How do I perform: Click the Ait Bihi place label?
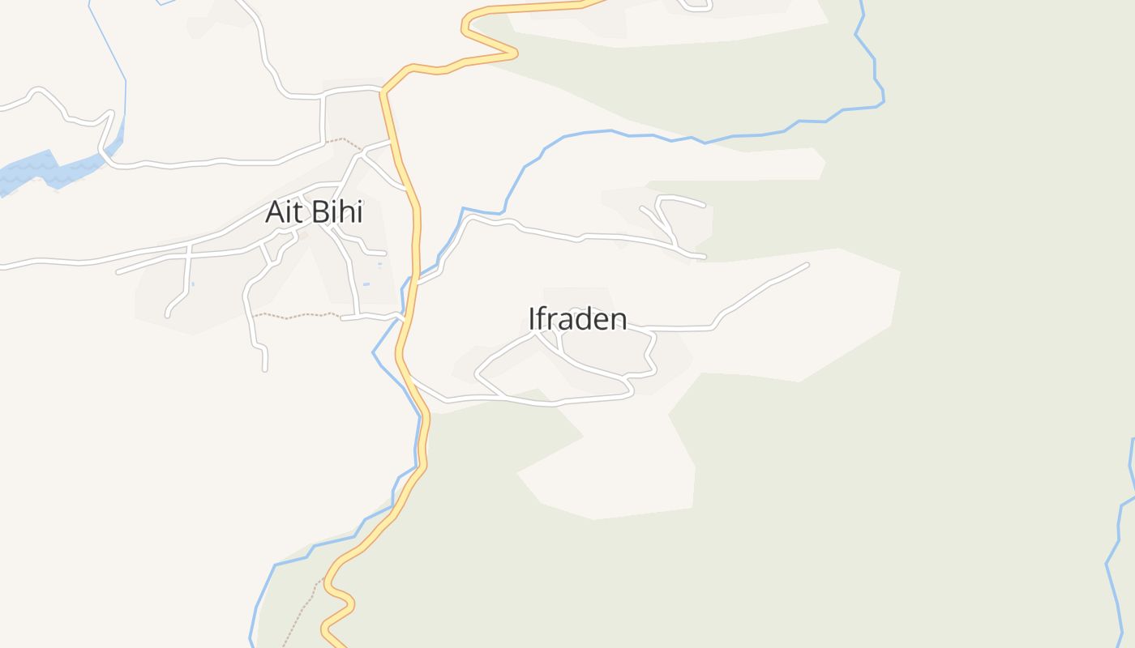coord(314,213)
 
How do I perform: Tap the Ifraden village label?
coord(577,319)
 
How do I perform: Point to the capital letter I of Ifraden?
coord(532,319)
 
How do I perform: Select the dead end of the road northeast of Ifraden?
coord(807,264)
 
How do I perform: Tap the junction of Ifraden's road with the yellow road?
coord(411,377)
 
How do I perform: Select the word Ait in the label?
coord(282,213)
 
